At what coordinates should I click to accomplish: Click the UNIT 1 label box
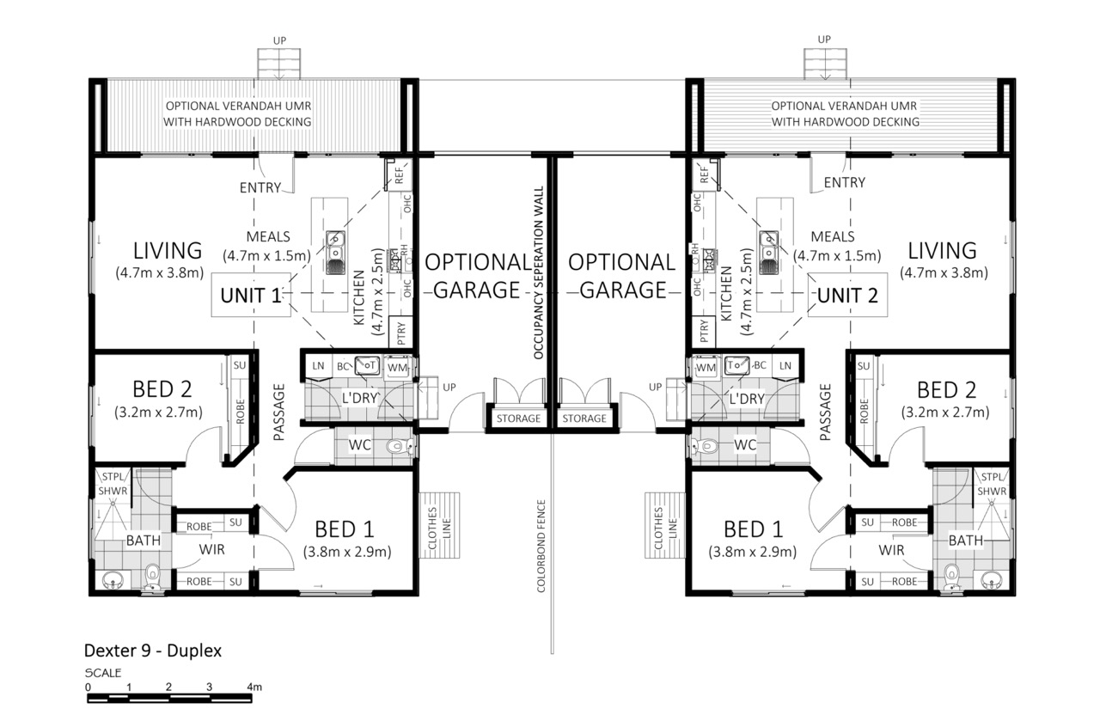click(x=251, y=295)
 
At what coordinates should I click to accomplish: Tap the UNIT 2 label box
click(x=847, y=295)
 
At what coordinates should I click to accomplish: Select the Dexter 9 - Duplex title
click(x=153, y=651)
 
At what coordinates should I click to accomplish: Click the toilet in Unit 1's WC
click(x=400, y=446)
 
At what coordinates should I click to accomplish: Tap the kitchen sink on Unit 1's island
click(x=335, y=253)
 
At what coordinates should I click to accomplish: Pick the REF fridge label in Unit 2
click(x=705, y=174)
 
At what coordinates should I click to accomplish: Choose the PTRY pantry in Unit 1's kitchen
click(x=400, y=333)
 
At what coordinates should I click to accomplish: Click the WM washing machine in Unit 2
click(x=706, y=367)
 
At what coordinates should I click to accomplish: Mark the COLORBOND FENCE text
click(x=541, y=546)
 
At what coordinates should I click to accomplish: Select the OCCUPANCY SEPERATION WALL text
click(x=538, y=272)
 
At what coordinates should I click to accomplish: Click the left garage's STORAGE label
click(x=518, y=419)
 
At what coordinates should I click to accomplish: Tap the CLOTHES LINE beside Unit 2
click(x=665, y=525)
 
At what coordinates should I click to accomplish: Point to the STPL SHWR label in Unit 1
click(x=113, y=484)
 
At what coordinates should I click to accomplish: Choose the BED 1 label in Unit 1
click(x=345, y=529)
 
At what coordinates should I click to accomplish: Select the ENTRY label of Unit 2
click(x=844, y=183)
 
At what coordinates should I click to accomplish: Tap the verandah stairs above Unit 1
click(x=279, y=64)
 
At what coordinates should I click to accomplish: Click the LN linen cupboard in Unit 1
click(x=318, y=366)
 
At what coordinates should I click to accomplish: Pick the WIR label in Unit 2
click(x=891, y=550)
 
